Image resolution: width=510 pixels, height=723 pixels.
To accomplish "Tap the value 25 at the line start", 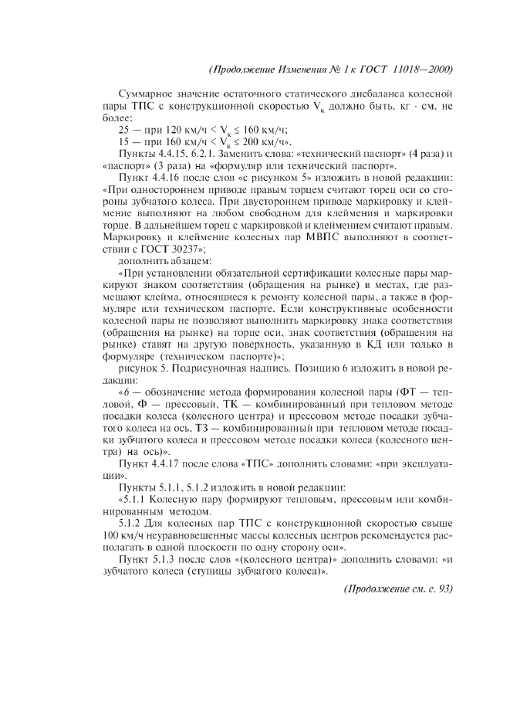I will tap(123, 129).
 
